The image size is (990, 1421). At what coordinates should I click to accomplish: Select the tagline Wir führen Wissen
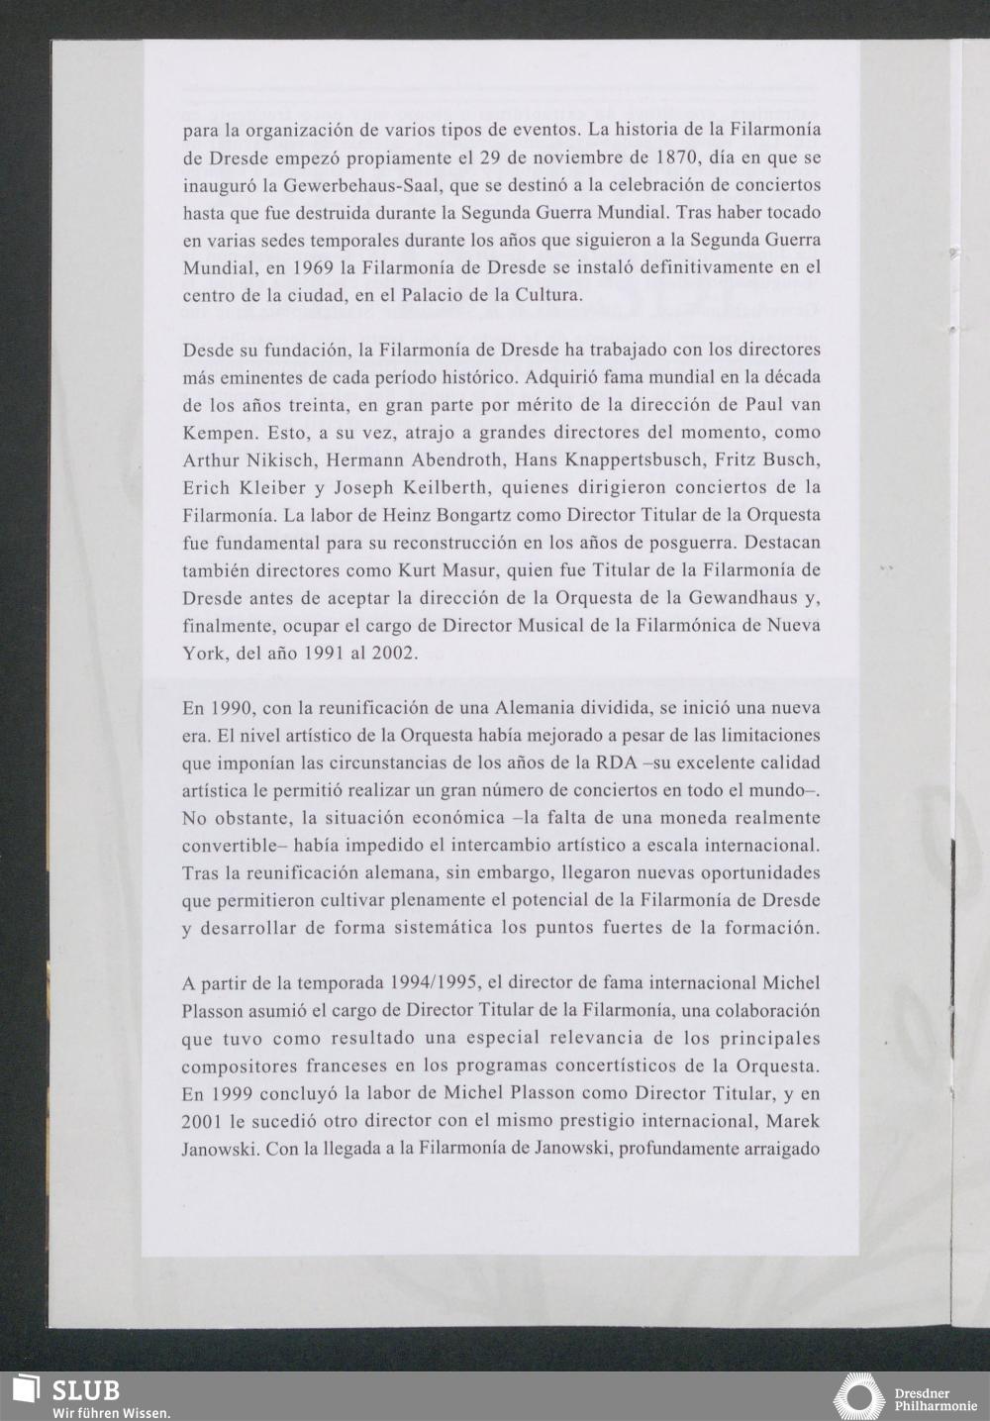[x=112, y=1412]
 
